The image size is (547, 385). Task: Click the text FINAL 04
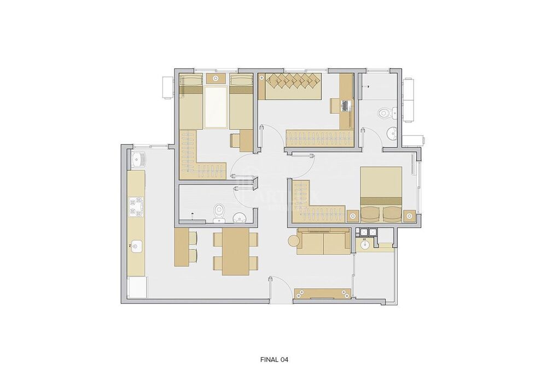tap(273, 360)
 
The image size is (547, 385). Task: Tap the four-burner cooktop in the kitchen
tap(135, 207)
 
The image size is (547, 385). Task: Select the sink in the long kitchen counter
tap(135, 246)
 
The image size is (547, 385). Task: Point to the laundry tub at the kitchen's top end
tap(137, 159)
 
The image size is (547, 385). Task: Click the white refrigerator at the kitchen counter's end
tap(137, 288)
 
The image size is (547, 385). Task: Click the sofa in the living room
tap(324, 242)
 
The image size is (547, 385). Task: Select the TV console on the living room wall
tap(323, 294)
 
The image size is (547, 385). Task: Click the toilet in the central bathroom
tap(219, 213)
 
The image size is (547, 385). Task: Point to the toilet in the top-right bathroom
tap(386, 113)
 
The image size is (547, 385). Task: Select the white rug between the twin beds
tap(216, 107)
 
